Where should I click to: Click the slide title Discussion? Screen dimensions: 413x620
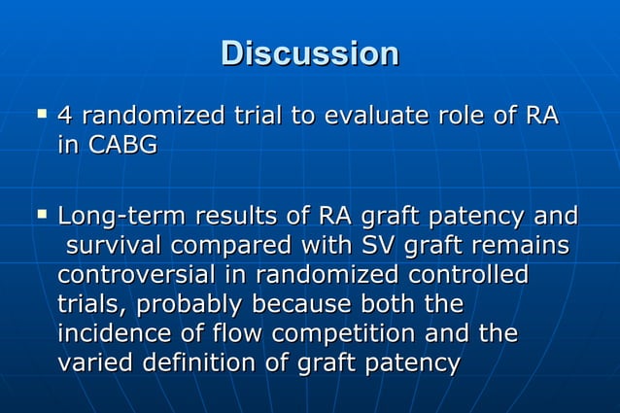point(309,53)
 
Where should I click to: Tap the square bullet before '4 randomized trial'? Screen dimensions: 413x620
point(41,115)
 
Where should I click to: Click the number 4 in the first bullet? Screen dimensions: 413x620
point(66,117)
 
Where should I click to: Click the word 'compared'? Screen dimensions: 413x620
point(248,245)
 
